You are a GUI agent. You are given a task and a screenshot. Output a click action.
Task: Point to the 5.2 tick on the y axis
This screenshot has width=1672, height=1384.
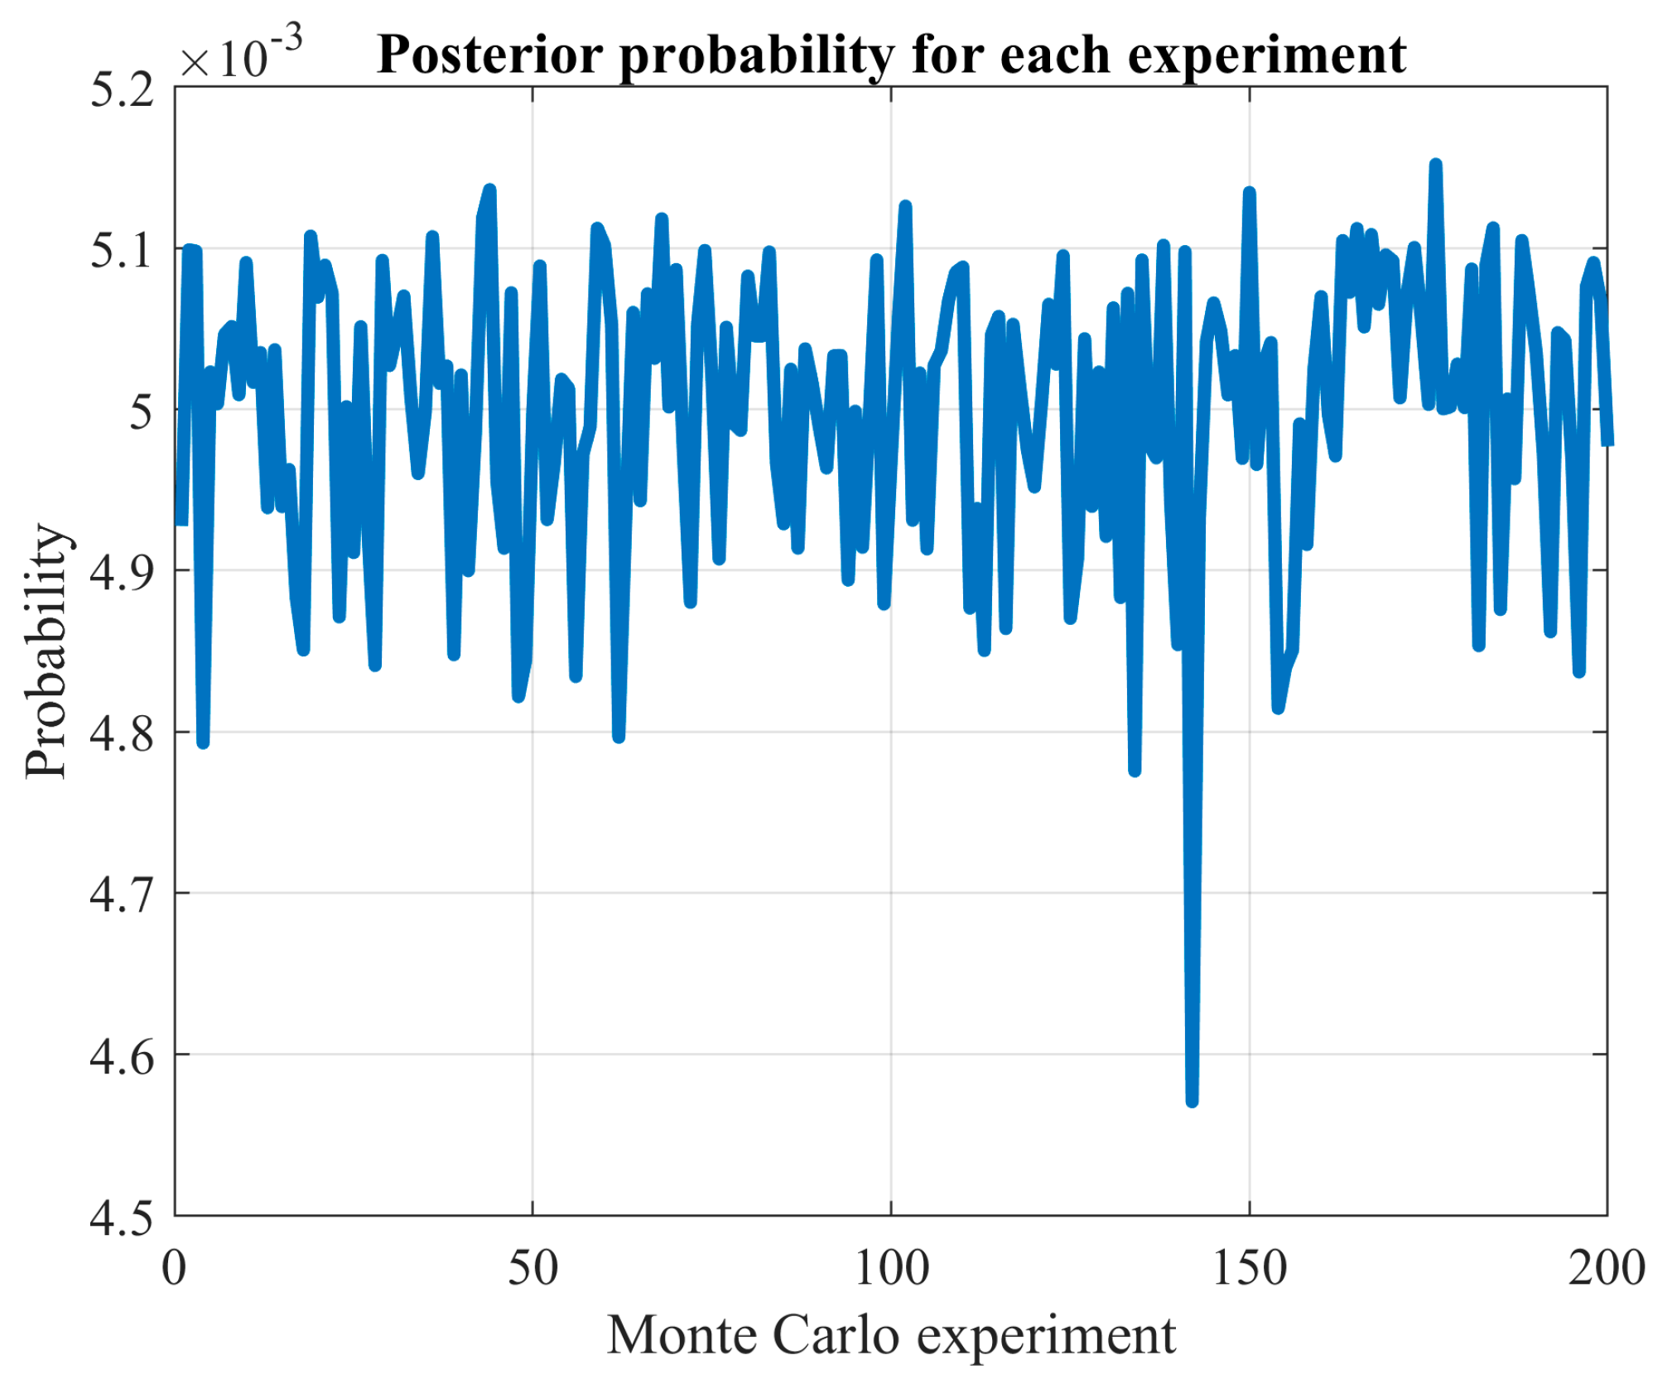122,89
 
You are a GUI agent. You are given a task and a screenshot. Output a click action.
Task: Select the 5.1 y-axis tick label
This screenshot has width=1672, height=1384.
122,249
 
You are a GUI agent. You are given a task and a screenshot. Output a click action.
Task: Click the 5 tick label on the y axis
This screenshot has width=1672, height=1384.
142,411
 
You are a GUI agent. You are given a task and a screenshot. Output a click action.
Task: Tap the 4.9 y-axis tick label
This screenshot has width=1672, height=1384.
122,571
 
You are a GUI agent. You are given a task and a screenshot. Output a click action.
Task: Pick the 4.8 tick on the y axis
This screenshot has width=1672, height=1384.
122,733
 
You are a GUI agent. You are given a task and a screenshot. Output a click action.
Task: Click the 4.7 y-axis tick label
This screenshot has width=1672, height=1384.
122,894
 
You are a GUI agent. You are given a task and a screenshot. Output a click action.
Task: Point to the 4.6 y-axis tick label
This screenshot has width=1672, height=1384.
122,1055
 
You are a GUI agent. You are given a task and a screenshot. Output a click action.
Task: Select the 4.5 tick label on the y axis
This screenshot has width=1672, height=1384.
122,1217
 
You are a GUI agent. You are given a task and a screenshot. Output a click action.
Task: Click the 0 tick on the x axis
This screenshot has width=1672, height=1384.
174,1267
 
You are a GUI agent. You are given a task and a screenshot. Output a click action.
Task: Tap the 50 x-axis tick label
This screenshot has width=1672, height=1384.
532,1267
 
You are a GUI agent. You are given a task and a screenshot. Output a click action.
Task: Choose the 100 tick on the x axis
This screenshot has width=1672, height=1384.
891,1267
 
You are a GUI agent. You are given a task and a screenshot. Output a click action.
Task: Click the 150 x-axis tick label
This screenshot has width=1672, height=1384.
1249,1267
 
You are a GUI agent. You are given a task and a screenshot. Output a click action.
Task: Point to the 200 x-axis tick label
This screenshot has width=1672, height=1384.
1606,1267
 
